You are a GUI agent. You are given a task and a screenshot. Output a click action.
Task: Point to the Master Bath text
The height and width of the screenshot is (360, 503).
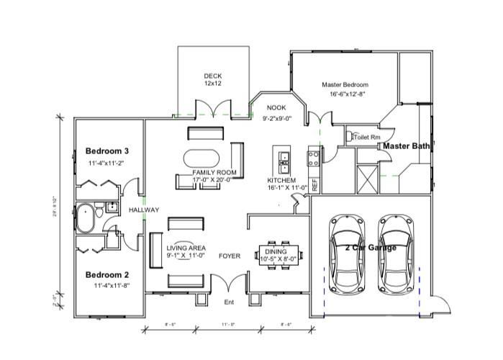406,146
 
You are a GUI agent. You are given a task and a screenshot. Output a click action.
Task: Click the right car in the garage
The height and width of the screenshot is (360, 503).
395,248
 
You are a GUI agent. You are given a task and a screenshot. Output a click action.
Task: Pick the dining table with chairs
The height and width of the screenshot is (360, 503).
281,254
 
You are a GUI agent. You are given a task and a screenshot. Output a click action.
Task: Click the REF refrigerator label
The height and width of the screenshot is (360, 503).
314,183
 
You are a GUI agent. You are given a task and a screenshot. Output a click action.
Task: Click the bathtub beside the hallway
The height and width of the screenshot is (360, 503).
86,219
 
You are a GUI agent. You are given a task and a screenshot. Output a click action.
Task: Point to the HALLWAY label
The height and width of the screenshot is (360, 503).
143,210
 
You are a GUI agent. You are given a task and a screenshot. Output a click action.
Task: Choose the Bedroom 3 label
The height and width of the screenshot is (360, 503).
107,151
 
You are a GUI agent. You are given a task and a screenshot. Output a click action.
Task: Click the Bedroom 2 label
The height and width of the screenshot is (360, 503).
107,275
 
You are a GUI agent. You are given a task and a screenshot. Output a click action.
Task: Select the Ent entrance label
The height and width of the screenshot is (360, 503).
230,302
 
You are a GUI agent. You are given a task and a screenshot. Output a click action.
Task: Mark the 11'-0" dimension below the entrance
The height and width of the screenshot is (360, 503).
230,325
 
